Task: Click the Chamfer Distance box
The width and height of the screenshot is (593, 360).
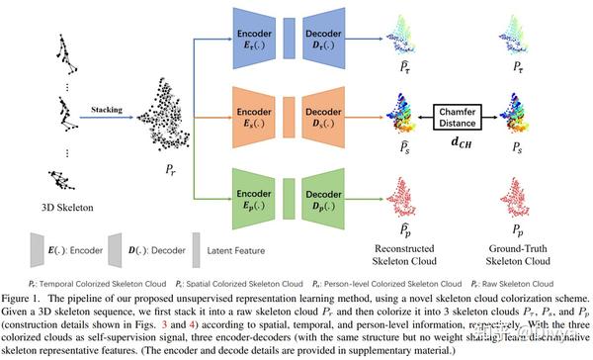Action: (463, 116)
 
